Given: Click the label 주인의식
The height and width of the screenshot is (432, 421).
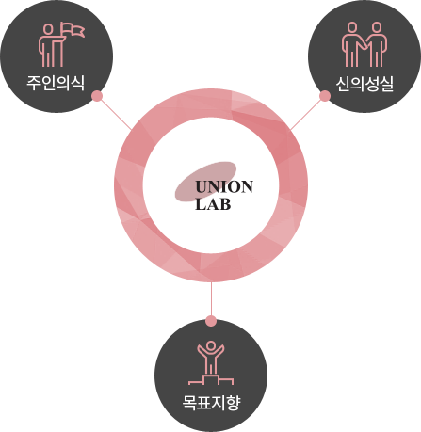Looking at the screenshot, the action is (x=56, y=83).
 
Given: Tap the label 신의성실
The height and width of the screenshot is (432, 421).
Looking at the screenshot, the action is (x=364, y=84).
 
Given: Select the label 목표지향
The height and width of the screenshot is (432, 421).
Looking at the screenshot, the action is (x=211, y=403).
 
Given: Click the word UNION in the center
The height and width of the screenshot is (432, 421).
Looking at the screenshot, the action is (x=224, y=187).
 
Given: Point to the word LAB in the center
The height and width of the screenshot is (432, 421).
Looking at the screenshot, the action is (x=213, y=204).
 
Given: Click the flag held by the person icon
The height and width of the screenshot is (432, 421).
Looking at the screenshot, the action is (x=73, y=30).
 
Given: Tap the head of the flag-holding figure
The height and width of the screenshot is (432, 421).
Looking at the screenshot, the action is (x=48, y=29).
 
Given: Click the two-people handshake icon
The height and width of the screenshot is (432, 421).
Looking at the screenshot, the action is (x=364, y=44).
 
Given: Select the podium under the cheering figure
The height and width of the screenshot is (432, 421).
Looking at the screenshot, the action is (x=211, y=379).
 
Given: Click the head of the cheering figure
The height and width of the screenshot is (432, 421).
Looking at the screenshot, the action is (x=211, y=345).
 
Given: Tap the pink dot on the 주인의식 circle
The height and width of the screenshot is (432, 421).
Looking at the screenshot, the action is (x=97, y=96).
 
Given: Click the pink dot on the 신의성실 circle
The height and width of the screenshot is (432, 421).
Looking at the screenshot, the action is (x=325, y=96).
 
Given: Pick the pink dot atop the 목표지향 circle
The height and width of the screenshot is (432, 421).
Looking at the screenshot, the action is (x=211, y=321).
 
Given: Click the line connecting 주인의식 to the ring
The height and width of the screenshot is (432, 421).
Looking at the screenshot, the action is (x=116, y=114).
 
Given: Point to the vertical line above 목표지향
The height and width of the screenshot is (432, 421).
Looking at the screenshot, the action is (x=211, y=299).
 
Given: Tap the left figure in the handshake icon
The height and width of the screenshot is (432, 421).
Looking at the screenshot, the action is (x=352, y=44).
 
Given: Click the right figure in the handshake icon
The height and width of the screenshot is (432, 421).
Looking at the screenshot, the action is (x=376, y=44).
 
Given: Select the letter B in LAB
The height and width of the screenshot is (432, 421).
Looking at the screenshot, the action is (x=225, y=204).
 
